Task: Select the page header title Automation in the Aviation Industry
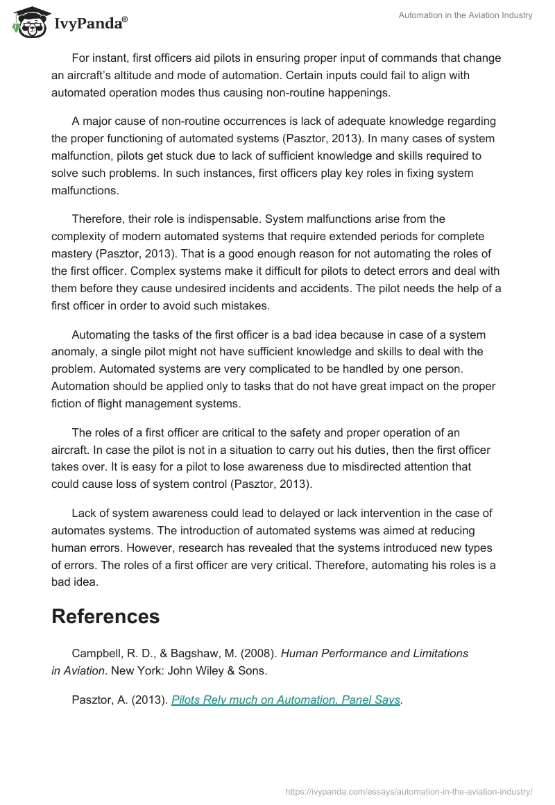pyautogui.click(x=466, y=15)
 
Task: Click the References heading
pyautogui.click(x=105, y=616)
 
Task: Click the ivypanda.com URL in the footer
pyautogui.click(x=409, y=791)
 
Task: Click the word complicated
pyautogui.click(x=244, y=368)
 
